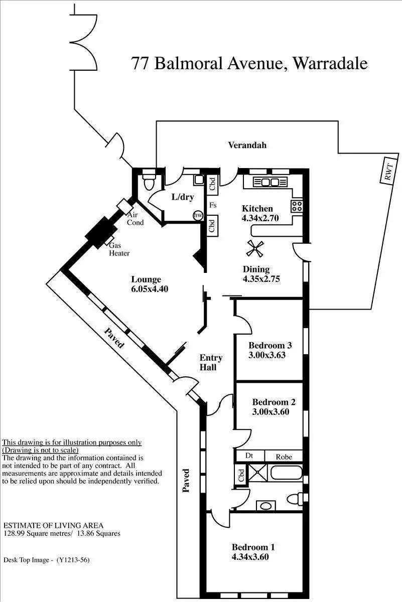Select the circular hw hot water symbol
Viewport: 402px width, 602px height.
click(198, 215)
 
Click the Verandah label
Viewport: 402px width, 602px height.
click(247, 145)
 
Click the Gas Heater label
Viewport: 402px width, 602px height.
click(119, 249)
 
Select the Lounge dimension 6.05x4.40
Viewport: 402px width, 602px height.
click(146, 289)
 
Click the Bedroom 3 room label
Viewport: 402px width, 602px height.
click(277, 345)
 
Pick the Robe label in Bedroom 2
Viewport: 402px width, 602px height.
click(284, 457)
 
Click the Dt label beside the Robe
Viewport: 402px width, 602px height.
click(249, 457)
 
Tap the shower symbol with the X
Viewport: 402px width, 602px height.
click(259, 473)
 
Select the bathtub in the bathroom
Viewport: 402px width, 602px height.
click(286, 473)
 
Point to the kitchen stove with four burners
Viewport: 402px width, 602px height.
click(296, 205)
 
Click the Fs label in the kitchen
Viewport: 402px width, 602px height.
click(213, 205)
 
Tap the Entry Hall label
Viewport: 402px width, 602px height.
click(210, 363)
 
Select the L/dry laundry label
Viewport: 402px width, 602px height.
click(182, 197)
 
